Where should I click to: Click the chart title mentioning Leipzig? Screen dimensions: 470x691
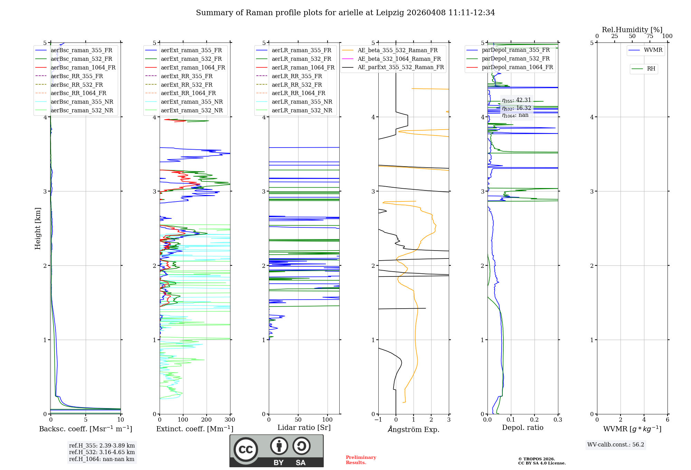pos(345,13)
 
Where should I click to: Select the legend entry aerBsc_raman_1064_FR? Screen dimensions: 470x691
pos(83,67)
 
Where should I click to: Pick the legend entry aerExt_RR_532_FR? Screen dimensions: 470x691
pos(187,85)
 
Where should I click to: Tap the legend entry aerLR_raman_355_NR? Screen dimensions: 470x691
pos(302,102)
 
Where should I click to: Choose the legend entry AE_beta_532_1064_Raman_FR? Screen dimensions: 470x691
pos(399,59)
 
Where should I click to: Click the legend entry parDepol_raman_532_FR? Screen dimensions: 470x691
pos(515,58)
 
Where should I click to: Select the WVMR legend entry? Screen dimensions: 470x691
pos(653,50)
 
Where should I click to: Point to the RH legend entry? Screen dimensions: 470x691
pos(651,69)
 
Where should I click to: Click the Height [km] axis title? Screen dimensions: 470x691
pos(38,228)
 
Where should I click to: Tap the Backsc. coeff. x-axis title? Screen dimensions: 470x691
pos(85,429)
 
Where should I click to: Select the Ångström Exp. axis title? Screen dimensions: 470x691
pos(414,429)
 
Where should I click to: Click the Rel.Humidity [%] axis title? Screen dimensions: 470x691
pos(632,30)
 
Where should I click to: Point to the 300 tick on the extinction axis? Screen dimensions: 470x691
pos(230,420)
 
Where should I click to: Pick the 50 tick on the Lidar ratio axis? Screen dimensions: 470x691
pos(298,420)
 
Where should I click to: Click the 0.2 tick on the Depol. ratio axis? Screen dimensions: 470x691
pos(534,420)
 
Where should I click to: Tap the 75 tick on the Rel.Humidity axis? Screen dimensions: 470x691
pos(650,36)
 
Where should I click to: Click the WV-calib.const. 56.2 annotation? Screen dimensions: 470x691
pos(616,445)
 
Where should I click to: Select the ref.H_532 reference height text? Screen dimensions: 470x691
pos(102,452)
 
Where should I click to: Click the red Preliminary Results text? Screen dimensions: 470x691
pos(361,460)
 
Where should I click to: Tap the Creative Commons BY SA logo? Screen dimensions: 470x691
pos(276,451)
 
